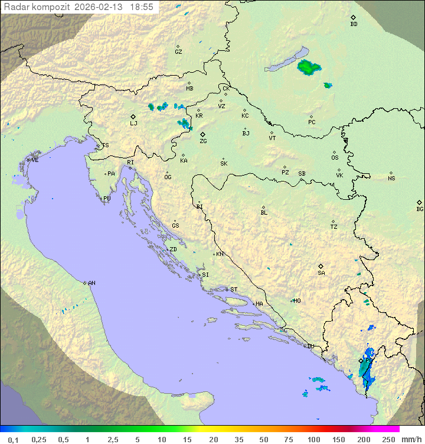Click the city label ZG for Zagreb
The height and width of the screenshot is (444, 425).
click(203, 141)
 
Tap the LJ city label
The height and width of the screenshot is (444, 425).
click(133, 124)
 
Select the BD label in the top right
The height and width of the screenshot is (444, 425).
click(354, 24)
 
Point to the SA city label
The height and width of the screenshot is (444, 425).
click(321, 273)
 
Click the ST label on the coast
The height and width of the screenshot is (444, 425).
click(234, 290)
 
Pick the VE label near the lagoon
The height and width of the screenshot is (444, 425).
click(35, 160)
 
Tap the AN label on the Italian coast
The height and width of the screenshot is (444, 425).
click(91, 283)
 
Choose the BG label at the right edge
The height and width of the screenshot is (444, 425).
click(420, 209)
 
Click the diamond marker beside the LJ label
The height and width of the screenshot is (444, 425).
click(133, 116)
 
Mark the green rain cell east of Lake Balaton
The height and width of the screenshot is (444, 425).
click(308, 67)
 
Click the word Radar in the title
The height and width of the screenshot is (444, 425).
click(16, 7)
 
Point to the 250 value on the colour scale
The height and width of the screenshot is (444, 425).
click(388, 439)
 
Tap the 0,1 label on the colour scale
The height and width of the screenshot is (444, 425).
click(13, 439)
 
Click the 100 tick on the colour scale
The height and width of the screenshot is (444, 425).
click(313, 439)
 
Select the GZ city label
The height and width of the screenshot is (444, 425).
click(178, 52)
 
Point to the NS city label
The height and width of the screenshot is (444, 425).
click(391, 179)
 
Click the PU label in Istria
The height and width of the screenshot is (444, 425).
click(107, 199)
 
